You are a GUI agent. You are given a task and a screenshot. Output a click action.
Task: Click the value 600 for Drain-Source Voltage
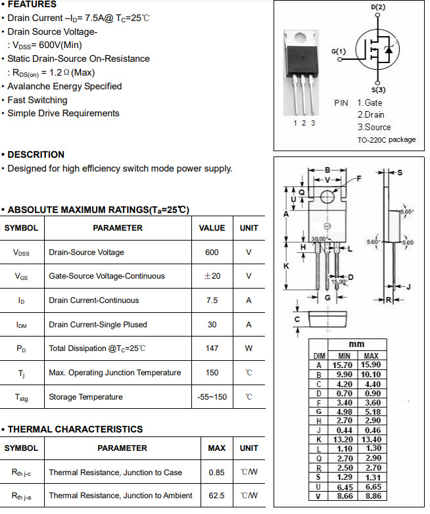[212, 252]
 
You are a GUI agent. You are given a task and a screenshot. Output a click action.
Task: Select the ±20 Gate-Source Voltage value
[212, 276]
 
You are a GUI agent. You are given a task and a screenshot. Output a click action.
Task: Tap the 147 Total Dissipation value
[212, 348]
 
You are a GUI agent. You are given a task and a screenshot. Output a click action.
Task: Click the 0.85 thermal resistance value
[216, 473]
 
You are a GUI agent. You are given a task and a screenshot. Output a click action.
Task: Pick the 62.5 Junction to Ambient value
[216, 496]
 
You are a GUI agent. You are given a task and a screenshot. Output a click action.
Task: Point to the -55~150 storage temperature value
[212, 397]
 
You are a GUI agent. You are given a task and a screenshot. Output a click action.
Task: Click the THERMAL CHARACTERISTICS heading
[74, 429]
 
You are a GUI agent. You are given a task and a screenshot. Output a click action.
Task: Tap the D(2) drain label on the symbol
[378, 7]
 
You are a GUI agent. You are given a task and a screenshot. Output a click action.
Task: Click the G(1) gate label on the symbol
[339, 51]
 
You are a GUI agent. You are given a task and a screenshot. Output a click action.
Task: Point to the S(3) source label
[378, 89]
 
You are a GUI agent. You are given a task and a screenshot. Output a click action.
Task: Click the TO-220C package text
[387, 140]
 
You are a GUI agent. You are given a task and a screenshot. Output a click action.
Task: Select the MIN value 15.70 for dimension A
[343, 365]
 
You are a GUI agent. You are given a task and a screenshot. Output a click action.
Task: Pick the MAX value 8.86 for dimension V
[371, 497]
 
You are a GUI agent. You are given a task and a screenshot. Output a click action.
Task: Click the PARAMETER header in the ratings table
[118, 228]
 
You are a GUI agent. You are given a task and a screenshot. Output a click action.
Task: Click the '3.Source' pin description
[374, 127]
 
